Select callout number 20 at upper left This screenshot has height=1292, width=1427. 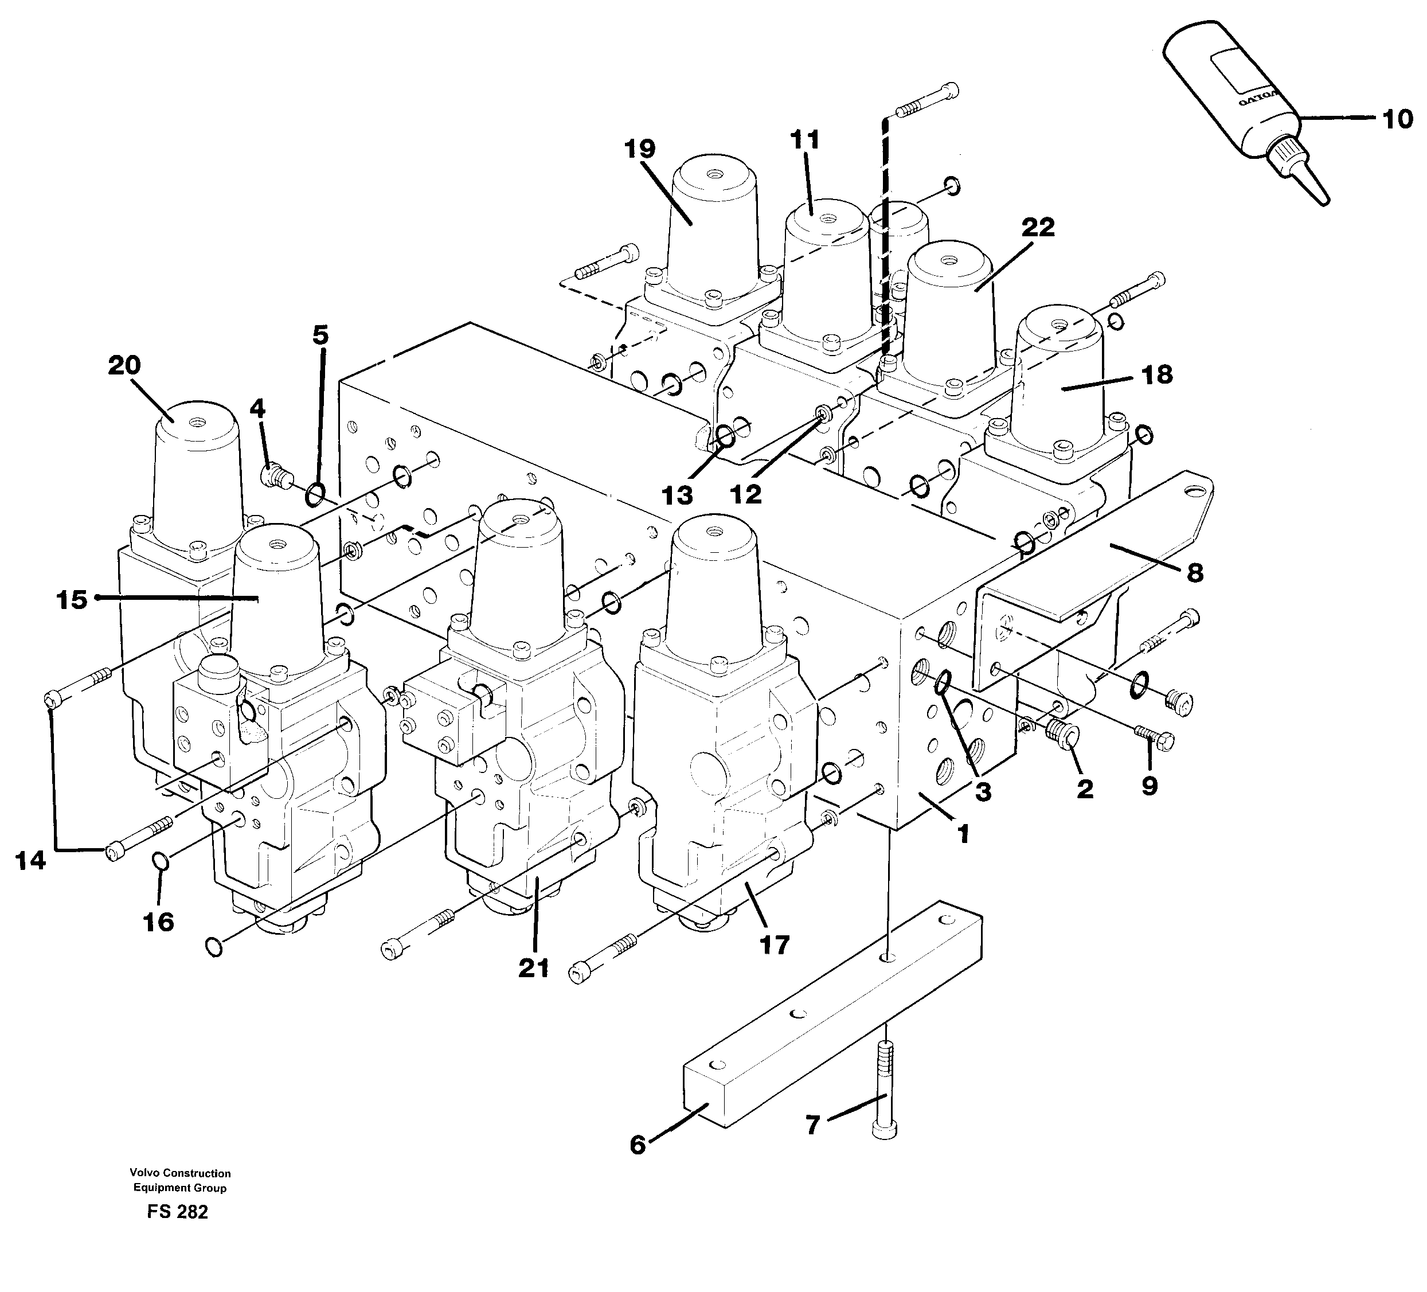tap(124, 365)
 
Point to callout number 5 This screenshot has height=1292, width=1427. tap(320, 335)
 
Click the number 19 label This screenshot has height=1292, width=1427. tap(640, 149)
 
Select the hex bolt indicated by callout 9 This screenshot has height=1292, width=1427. tap(1155, 740)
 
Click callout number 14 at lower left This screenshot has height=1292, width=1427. tap(31, 861)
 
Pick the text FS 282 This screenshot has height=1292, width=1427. tap(178, 1212)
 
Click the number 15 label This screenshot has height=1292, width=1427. tap(72, 600)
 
